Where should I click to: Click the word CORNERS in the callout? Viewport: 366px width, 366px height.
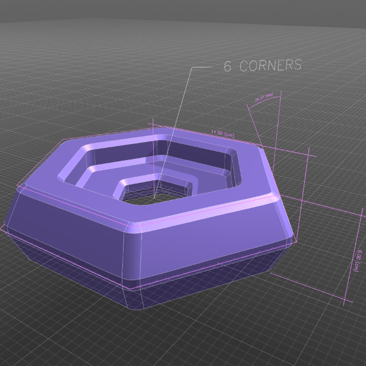(x=270, y=65)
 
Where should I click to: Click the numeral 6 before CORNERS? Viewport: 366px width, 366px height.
(x=227, y=67)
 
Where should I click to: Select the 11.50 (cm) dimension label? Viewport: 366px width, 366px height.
(x=222, y=133)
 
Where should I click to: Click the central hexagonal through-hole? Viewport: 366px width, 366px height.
(x=154, y=198)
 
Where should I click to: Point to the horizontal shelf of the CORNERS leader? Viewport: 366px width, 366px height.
(x=201, y=67)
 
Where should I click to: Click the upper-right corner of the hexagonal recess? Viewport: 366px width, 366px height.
(x=236, y=153)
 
